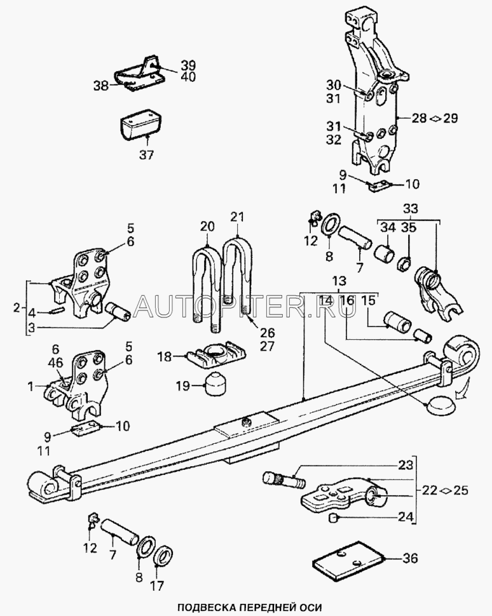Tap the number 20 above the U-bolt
[x=207, y=226]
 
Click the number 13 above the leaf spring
[x=339, y=281]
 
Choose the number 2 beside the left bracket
[x=17, y=308]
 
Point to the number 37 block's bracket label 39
[x=170, y=65]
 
